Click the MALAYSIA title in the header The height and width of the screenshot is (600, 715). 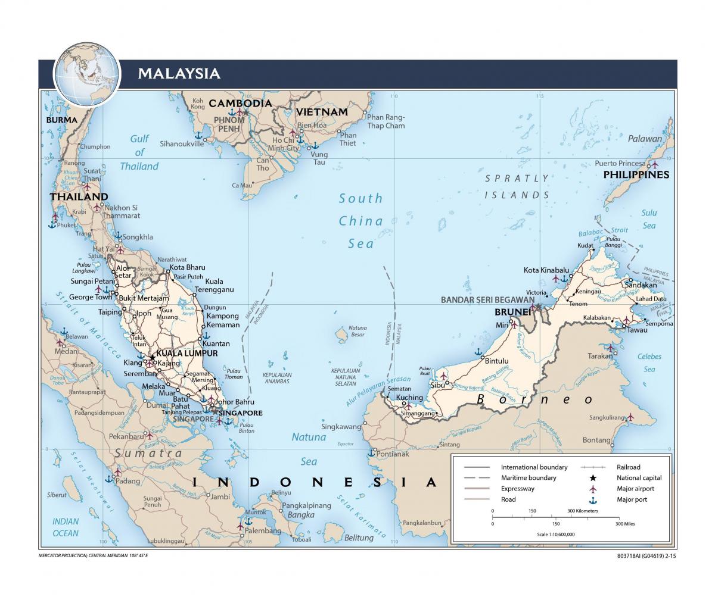pos(179,74)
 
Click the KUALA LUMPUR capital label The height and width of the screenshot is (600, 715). pos(188,353)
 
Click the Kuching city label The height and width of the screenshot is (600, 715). pos(409,398)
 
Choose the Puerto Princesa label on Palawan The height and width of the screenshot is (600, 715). pos(620,164)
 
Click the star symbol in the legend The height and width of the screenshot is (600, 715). pos(593,478)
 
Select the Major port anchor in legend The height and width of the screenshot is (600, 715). pos(593,500)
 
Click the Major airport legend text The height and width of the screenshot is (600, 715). pos(635,489)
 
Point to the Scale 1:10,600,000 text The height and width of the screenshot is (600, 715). pos(555,535)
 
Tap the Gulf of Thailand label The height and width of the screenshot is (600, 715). pos(139,152)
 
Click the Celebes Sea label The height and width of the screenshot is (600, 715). pos(649,362)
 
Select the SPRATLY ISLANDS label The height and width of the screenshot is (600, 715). pos(517,186)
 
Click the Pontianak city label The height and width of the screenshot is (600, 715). pos(394,454)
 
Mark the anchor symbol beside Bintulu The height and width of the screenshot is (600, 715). pos(478,352)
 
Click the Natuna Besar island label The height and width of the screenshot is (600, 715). pos(357,331)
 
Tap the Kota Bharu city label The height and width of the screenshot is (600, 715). pos(187,267)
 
